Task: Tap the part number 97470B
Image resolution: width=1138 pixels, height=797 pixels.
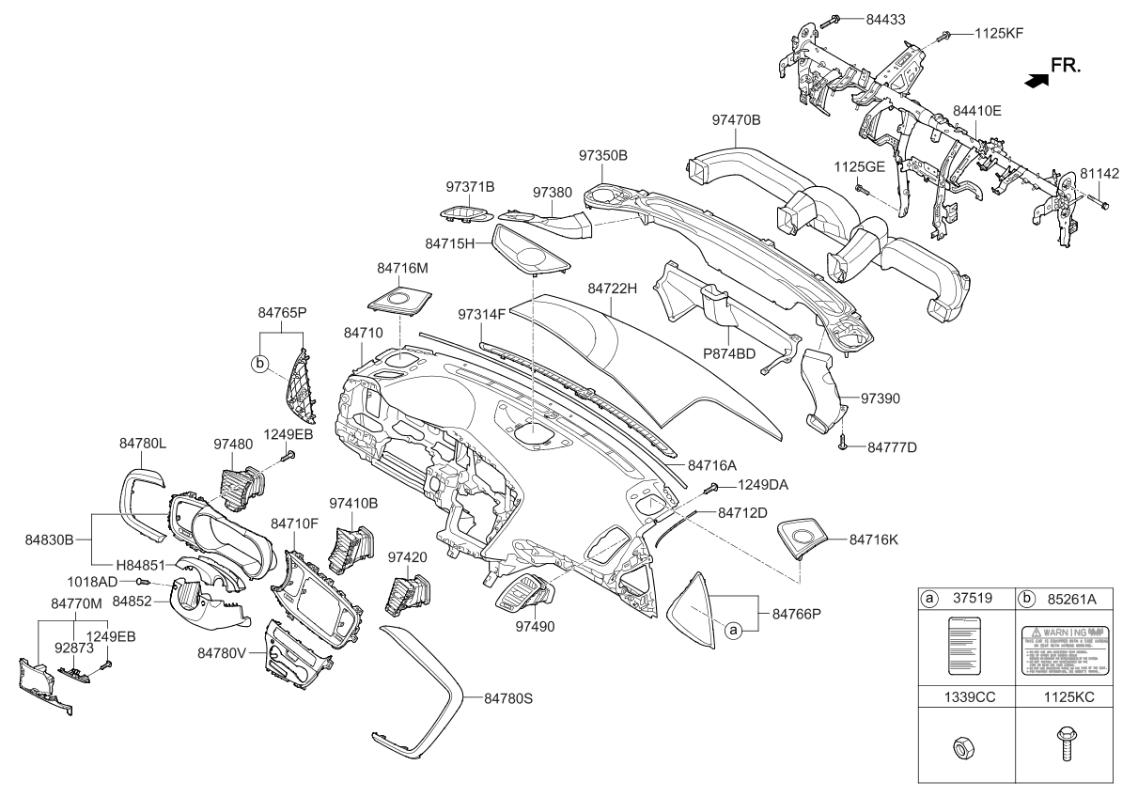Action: point(736,120)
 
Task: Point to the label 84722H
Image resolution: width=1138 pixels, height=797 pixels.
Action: point(613,288)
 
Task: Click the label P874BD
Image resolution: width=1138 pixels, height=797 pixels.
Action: point(729,353)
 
